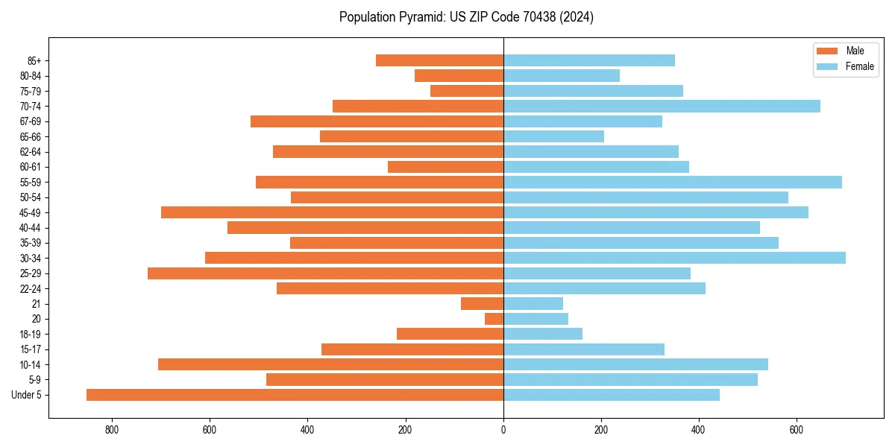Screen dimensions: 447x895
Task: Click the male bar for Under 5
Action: (295, 395)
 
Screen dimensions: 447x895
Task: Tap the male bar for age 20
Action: (494, 319)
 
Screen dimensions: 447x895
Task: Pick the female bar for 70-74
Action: (662, 107)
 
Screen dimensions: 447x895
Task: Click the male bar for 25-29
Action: (325, 273)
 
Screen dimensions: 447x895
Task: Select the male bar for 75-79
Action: (467, 91)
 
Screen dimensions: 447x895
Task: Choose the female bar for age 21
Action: (533, 304)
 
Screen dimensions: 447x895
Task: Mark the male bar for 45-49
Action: (332, 213)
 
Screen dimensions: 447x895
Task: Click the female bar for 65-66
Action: (553, 137)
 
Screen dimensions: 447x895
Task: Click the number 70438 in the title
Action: (525, 17)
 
